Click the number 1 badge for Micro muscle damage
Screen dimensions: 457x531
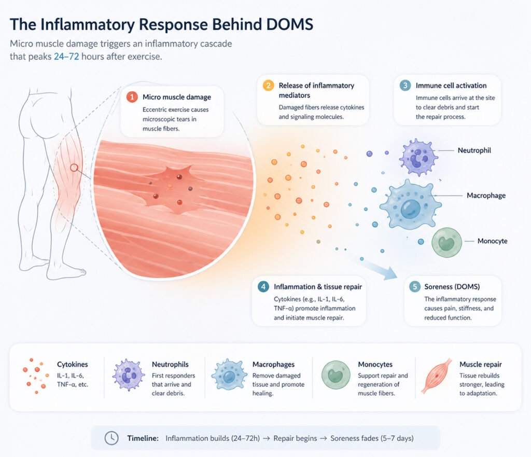click(x=131, y=97)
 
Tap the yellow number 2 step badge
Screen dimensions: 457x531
click(x=268, y=86)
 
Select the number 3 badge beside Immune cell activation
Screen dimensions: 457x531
click(x=405, y=86)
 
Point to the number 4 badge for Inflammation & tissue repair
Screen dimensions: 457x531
click(x=263, y=286)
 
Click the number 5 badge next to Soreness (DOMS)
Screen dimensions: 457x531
click(x=414, y=286)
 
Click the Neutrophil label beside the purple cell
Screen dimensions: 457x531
click(x=474, y=150)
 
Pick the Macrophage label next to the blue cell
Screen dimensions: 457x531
click(x=486, y=196)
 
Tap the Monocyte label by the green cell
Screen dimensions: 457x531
click(x=493, y=241)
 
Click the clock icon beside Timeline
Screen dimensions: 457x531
click(x=111, y=438)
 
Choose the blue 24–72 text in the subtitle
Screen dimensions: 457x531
click(x=66, y=57)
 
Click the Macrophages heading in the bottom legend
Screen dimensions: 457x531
click(x=273, y=365)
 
